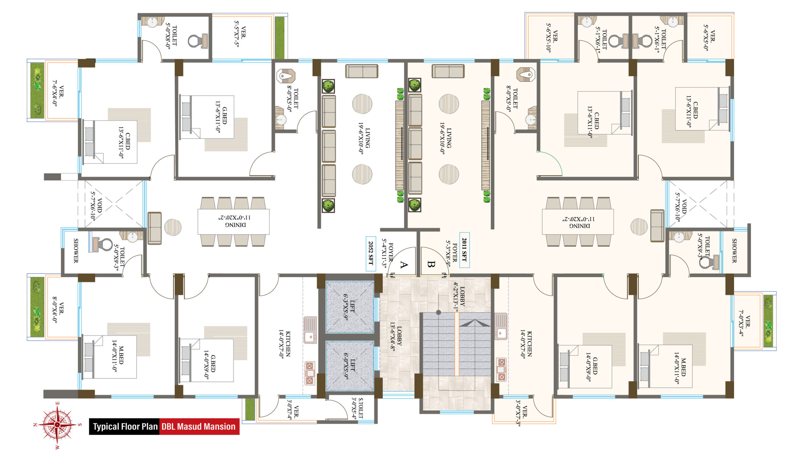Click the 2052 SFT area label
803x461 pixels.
tap(370, 254)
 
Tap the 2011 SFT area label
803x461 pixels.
tap(465, 250)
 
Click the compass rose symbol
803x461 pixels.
tap(57, 424)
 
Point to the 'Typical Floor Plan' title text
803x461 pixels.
tap(125, 427)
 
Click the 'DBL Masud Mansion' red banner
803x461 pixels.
tap(199, 427)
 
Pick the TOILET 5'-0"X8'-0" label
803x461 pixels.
tap(171, 36)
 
